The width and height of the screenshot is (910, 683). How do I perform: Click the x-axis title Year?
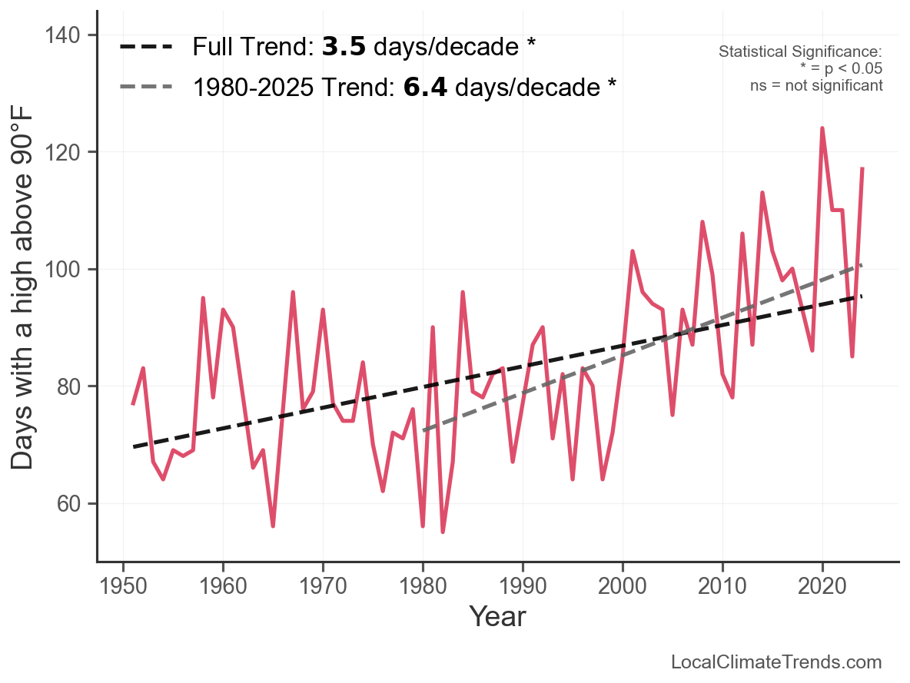[497, 616]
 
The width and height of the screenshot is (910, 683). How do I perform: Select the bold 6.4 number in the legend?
[425, 88]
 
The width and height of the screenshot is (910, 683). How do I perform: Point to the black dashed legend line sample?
[146, 48]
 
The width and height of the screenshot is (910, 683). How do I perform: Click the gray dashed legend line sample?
[146, 88]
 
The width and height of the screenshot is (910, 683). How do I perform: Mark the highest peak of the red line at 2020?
[822, 128]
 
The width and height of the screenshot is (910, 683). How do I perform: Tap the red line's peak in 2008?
[702, 222]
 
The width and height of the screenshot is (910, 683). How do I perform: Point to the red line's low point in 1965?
[273, 526]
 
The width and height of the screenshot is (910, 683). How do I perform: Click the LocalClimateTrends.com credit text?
[776, 662]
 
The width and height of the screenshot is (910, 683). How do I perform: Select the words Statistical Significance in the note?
[799, 52]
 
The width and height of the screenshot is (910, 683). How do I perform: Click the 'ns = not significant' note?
[816, 85]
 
